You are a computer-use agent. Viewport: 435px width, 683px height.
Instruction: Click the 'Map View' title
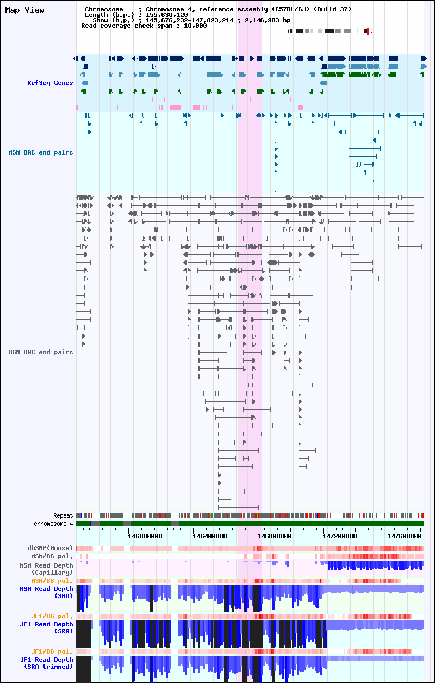[x=24, y=10]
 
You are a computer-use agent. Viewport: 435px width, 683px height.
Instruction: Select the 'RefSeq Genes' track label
[x=50, y=83]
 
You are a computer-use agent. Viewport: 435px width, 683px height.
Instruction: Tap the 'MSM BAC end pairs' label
[x=41, y=152]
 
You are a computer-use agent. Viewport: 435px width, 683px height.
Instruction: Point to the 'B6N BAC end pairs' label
[x=41, y=352]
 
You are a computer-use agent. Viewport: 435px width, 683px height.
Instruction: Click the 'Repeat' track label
[x=63, y=515]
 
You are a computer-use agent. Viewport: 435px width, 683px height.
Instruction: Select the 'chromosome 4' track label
[x=53, y=524]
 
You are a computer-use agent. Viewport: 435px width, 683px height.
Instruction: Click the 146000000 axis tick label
[x=145, y=536]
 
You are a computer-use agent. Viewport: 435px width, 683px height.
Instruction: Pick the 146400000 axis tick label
[x=209, y=536]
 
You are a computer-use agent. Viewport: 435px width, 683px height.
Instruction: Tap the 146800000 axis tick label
[x=275, y=536]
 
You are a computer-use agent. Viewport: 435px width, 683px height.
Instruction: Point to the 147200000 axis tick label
[x=340, y=536]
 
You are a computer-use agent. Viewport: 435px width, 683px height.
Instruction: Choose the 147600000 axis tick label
[x=405, y=536]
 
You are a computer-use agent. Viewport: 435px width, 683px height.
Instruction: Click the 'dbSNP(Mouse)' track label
[x=50, y=548]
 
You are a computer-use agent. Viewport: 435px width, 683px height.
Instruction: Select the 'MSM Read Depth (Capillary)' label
[x=46, y=569]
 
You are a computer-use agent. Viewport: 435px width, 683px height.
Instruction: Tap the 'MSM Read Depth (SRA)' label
[x=46, y=593]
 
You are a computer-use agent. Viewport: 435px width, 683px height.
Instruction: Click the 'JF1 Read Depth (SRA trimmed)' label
[x=46, y=663]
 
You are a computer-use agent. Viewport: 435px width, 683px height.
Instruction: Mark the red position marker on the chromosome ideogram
[x=368, y=31]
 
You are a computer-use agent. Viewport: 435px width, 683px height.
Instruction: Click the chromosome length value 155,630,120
[x=167, y=15]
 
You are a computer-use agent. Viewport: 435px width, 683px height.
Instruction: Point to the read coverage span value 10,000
[x=195, y=26]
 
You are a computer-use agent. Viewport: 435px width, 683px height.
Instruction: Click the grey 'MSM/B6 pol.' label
[x=52, y=556]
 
